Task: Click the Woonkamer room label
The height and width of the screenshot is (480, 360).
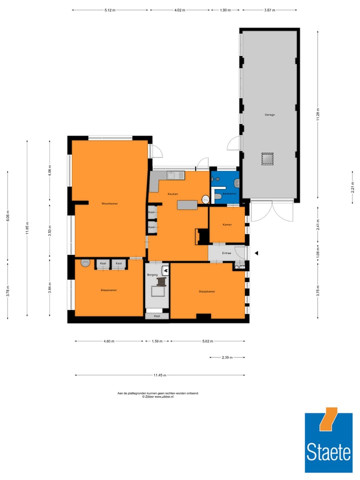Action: [x=109, y=203]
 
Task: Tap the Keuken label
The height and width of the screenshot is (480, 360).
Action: [x=173, y=193]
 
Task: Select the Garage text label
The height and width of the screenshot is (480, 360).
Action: [x=269, y=114]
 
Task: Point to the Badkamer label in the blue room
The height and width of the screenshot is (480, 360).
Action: [x=229, y=193]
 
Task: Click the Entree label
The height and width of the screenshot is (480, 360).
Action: [x=220, y=253]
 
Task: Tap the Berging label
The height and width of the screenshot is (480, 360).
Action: [x=152, y=274]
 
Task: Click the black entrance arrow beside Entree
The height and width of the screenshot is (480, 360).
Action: [x=256, y=253]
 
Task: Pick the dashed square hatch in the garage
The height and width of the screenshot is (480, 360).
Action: [x=268, y=158]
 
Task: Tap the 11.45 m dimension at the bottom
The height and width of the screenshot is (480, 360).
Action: [x=159, y=375]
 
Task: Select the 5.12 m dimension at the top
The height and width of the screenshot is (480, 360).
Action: [x=109, y=10]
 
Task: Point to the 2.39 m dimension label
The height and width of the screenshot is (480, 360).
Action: [x=227, y=357]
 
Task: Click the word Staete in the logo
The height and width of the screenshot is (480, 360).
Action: [x=328, y=452]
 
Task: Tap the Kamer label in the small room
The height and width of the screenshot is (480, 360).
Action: [x=227, y=225]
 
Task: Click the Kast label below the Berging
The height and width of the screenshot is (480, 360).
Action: [x=157, y=316]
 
